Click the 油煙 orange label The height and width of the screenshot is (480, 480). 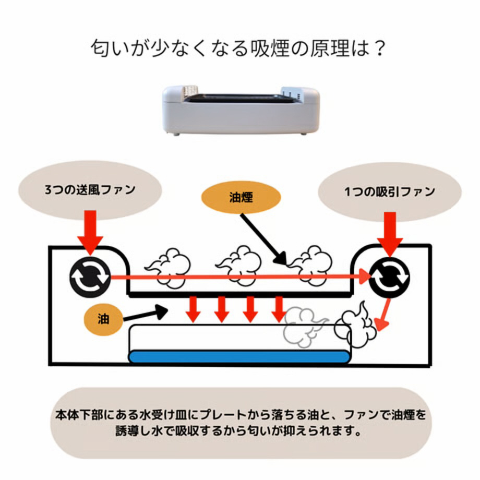[241, 198]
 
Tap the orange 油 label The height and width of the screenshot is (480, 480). [103, 319]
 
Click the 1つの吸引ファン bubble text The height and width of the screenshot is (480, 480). [389, 191]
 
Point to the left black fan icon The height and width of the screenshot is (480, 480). [90, 278]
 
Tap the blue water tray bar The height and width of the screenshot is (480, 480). [239, 357]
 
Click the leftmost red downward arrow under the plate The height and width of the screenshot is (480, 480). [193, 309]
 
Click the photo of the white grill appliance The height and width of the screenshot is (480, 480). [241, 110]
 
